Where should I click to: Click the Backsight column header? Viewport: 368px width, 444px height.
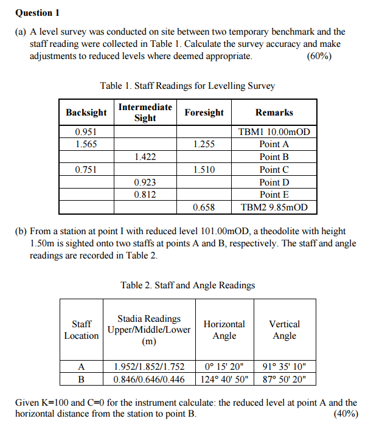tap(86, 113)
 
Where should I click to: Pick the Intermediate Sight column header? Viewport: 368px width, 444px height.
tap(145, 113)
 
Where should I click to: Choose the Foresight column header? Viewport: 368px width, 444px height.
tap(204, 113)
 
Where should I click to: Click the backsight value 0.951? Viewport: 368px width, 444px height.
tap(86, 132)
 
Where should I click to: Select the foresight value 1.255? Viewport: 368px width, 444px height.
tap(204, 144)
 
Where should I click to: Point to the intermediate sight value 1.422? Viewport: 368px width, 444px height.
tap(145, 157)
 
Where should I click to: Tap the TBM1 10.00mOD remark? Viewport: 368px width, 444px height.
tap(274, 132)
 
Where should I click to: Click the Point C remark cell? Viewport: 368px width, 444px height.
tap(274, 170)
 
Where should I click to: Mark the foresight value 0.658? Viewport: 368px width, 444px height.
tap(204, 207)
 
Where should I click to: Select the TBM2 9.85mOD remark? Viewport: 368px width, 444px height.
tap(274, 207)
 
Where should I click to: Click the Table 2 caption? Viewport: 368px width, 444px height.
tap(187, 285)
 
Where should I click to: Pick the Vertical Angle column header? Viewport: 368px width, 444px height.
tap(284, 330)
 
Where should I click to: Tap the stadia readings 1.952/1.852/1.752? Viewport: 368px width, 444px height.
tap(149, 367)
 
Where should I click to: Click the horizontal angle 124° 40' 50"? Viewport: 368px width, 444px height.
tap(224, 379)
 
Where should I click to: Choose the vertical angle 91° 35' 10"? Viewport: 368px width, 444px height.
tap(284, 367)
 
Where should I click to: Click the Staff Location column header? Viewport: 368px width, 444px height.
tap(82, 330)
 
